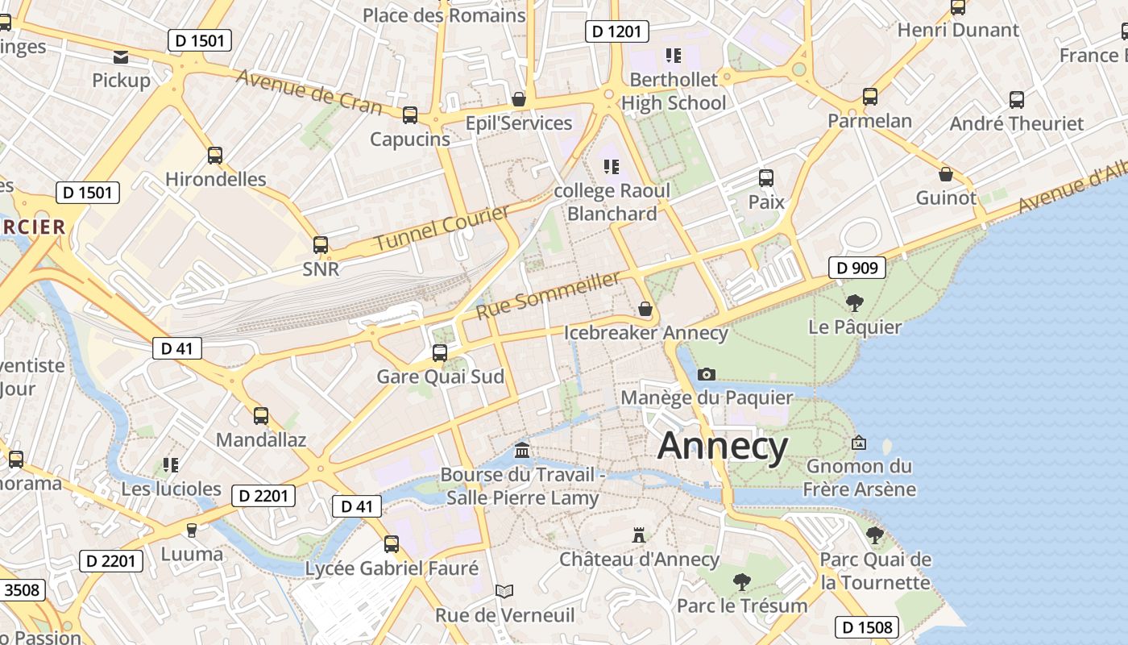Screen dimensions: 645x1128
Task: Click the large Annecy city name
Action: click(x=723, y=447)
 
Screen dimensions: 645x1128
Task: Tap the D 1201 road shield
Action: click(x=616, y=31)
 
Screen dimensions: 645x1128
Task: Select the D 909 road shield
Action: click(x=857, y=268)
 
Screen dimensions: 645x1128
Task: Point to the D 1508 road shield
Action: click(x=866, y=627)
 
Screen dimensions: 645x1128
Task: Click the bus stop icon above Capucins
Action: click(x=410, y=115)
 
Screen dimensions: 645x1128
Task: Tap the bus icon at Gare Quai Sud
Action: click(x=440, y=352)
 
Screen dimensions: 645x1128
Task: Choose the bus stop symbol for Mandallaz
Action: click(x=261, y=416)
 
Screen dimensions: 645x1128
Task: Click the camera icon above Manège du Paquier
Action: click(x=707, y=374)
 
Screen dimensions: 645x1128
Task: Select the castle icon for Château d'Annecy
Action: click(x=639, y=535)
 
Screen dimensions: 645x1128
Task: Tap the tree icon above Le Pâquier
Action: click(x=855, y=303)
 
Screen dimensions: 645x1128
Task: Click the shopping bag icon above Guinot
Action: click(x=946, y=174)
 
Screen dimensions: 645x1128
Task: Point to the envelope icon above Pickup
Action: click(x=121, y=56)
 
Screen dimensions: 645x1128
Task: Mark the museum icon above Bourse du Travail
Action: click(x=522, y=450)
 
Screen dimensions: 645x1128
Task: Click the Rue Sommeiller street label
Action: click(x=549, y=295)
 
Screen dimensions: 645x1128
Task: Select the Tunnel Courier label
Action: click(x=442, y=228)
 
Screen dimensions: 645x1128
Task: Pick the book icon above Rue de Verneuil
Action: click(x=504, y=591)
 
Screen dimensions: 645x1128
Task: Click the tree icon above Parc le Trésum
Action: click(x=741, y=581)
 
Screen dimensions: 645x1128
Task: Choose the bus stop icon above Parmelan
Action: click(x=870, y=97)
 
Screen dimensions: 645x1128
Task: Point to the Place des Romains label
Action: click(x=444, y=15)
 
